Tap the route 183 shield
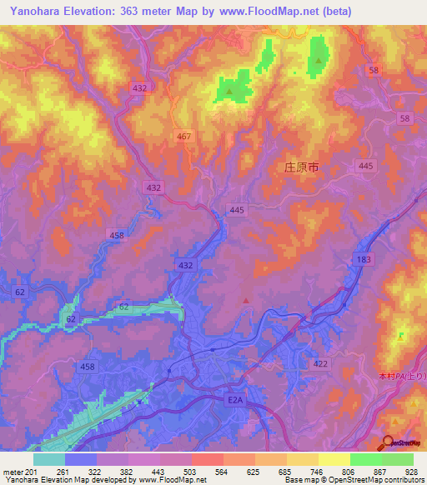(x=364, y=262)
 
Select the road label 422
(x=320, y=363)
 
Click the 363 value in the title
(x=140, y=12)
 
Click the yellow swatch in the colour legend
(x=334, y=459)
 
